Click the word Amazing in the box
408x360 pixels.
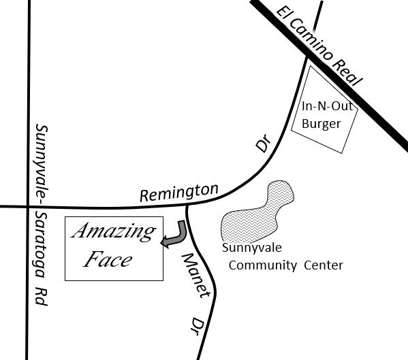click(114, 232)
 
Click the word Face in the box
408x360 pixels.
click(108, 259)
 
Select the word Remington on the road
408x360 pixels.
click(179, 193)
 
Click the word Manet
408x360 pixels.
click(195, 276)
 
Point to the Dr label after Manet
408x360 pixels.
click(198, 326)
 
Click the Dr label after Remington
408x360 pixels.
click(264, 143)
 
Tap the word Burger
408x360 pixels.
click(321, 124)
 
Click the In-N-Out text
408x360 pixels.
click(327, 106)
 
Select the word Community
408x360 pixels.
click(262, 265)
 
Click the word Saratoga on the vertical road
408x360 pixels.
click(41, 245)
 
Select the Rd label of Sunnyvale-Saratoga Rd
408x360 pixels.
click(41, 296)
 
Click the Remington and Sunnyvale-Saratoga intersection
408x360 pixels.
click(28, 207)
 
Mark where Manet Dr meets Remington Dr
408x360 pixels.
click(187, 205)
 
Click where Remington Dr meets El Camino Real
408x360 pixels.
click(307, 57)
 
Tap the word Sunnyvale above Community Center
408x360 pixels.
click(252, 248)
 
